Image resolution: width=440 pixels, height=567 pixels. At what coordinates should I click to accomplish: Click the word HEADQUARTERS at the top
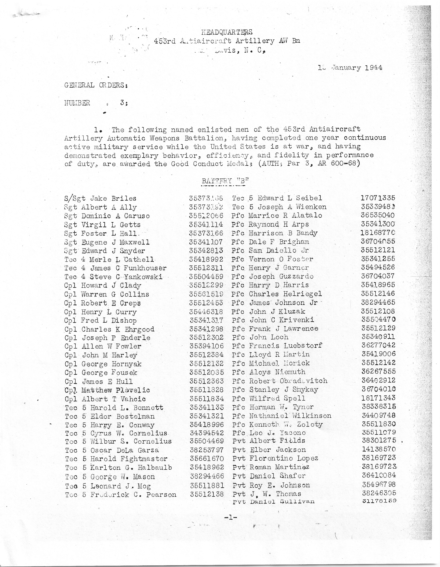pos(227,32)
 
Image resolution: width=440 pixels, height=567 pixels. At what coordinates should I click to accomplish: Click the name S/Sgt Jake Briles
pos(100,199)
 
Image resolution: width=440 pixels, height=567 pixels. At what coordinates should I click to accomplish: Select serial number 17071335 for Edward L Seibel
pos(378,198)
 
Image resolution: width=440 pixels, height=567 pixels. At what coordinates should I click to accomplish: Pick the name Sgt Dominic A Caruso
pos(107,216)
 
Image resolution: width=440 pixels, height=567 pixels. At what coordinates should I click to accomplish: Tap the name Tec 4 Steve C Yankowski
pos(114,277)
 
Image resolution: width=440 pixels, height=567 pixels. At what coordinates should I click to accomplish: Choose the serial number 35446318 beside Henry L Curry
pos(206,312)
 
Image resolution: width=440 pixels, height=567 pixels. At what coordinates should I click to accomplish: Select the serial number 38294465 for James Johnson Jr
pos(378,302)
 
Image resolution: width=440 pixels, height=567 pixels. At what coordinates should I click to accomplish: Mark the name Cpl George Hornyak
pos(103,364)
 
